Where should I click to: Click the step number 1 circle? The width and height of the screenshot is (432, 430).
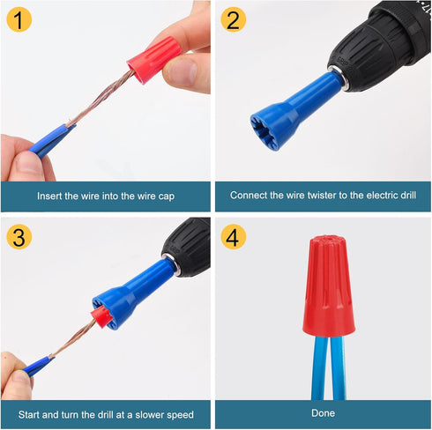pyautogui.click(x=19, y=19)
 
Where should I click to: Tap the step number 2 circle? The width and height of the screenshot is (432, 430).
pyautogui.click(x=233, y=19)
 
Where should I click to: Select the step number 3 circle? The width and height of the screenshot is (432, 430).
pyautogui.click(x=19, y=236)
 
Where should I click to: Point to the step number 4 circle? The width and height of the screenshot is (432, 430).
pyautogui.click(x=233, y=236)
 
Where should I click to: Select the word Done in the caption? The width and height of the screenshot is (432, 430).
pyautogui.click(x=324, y=412)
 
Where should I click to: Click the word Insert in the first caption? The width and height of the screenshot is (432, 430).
pyautogui.click(x=52, y=196)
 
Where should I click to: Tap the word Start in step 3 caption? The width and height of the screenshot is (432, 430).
pyautogui.click(x=32, y=412)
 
